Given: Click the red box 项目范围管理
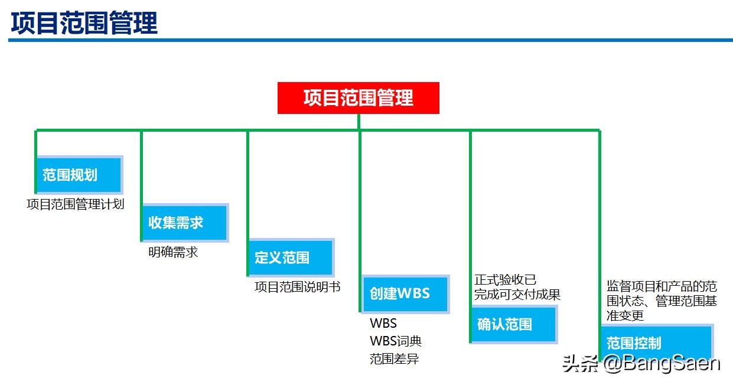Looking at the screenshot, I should point(359,97).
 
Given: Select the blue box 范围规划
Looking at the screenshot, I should point(79,175).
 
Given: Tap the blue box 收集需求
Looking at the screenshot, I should point(184,223).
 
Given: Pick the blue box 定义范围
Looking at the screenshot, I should point(290,257).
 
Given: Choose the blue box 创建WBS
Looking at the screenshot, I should point(405,293).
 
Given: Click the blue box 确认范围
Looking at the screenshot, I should point(513,324).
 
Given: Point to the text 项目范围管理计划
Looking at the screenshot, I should point(76,205).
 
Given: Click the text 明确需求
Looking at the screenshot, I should point(173,252).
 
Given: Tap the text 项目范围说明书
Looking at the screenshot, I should point(298,287).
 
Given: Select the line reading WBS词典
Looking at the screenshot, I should point(396,341).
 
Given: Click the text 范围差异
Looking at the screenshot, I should point(395,358).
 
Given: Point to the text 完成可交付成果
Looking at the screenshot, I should point(517,294).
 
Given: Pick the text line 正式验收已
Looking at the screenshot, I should point(506,279).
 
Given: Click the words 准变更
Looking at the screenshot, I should point(625,315).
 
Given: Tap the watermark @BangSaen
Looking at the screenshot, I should point(661,363).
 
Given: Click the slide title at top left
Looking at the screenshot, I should point(84,24).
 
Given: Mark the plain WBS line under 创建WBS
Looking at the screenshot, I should point(383,324).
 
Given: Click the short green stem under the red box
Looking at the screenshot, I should point(359,122).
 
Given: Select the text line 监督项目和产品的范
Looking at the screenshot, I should point(662,287).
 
